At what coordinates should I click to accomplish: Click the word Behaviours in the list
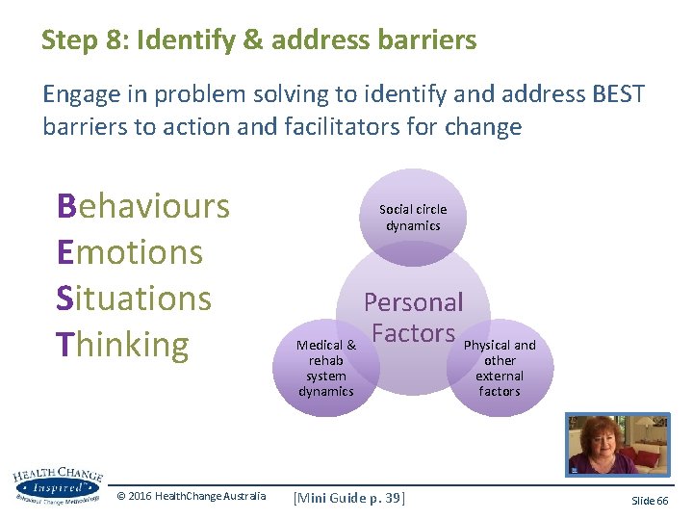pyautogui.click(x=143, y=206)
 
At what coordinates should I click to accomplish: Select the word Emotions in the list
pyautogui.click(x=130, y=252)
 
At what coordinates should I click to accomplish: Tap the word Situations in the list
pyautogui.click(x=134, y=298)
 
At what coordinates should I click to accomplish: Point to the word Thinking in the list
pyautogui.click(x=122, y=344)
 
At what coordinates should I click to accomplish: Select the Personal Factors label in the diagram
pyautogui.click(x=413, y=318)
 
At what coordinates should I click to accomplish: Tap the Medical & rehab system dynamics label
pyautogui.click(x=326, y=368)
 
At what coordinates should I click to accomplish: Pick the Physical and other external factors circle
pyautogui.click(x=500, y=368)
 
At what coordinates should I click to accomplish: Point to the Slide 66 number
pyautogui.click(x=650, y=501)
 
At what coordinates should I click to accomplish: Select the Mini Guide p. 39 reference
pyautogui.click(x=349, y=497)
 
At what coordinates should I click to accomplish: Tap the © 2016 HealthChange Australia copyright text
pyautogui.click(x=191, y=496)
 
